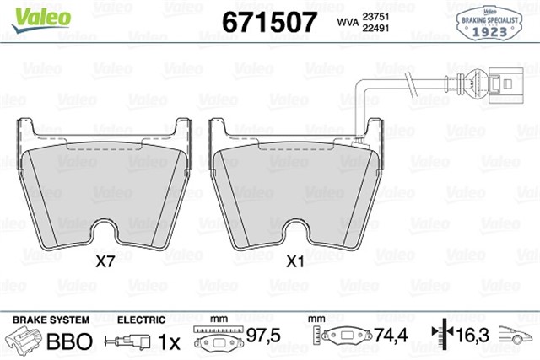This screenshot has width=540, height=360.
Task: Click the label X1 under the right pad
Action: (x=295, y=261)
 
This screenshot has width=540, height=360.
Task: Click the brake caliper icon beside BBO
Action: (x=25, y=341)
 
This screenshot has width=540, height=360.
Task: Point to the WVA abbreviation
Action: (x=346, y=23)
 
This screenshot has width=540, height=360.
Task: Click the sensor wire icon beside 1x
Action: (x=129, y=341)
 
